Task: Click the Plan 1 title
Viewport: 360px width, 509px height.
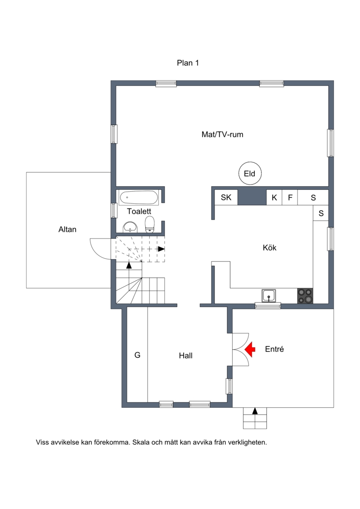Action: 188,63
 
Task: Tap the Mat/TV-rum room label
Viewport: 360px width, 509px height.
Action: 222,135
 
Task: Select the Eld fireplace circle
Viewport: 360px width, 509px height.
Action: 250,174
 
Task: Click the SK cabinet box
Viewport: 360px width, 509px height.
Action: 226,198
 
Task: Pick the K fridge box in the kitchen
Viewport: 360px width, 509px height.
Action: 274,198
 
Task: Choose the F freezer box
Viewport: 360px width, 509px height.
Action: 290,198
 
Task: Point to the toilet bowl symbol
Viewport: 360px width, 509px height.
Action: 150,225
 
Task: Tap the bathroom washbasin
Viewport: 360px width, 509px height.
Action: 130,227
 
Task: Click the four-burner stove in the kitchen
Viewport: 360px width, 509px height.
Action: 305,296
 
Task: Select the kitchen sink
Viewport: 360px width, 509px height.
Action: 269,296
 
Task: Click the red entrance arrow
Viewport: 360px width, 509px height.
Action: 250,350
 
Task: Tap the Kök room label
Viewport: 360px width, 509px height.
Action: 270,248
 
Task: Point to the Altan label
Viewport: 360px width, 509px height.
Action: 67,230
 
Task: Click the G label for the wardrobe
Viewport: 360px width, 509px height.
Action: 137,355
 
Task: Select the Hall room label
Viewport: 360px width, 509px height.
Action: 186,356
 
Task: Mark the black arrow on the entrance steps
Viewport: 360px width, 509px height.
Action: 255,411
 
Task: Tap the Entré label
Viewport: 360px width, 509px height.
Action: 274,349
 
